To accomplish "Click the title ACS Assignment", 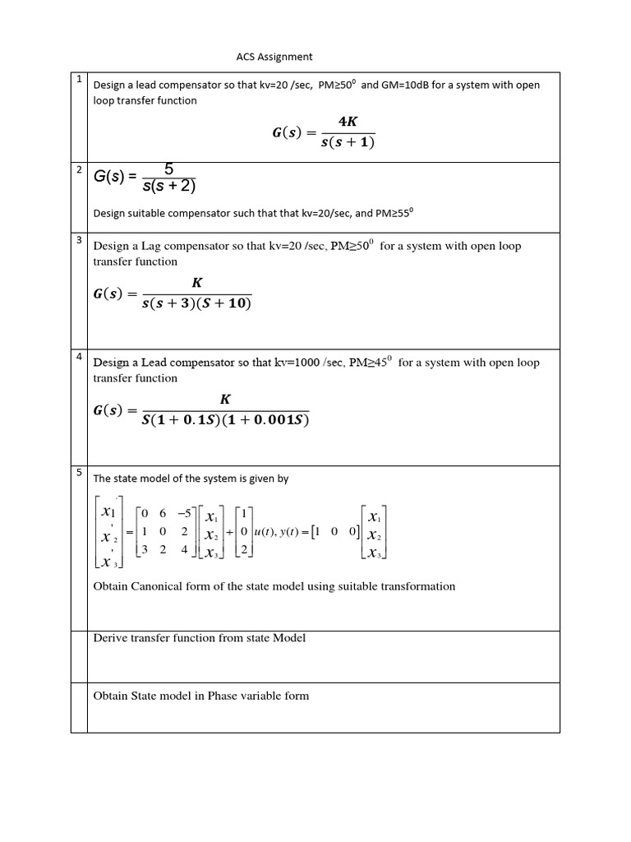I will (x=274, y=57).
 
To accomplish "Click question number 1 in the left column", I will (x=78, y=80).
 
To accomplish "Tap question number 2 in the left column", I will (x=78, y=169).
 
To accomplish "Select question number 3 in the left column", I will (x=78, y=240).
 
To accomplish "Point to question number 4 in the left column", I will (x=78, y=356).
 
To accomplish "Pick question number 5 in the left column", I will (x=78, y=472).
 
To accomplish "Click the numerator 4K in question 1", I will (x=348, y=122).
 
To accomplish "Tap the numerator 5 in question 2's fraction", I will (x=168, y=169).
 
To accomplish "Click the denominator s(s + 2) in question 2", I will (x=168, y=186).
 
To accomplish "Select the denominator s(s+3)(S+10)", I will (x=196, y=304).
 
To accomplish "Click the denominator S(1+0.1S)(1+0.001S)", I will (x=225, y=420).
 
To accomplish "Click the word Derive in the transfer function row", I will (x=110, y=638).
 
